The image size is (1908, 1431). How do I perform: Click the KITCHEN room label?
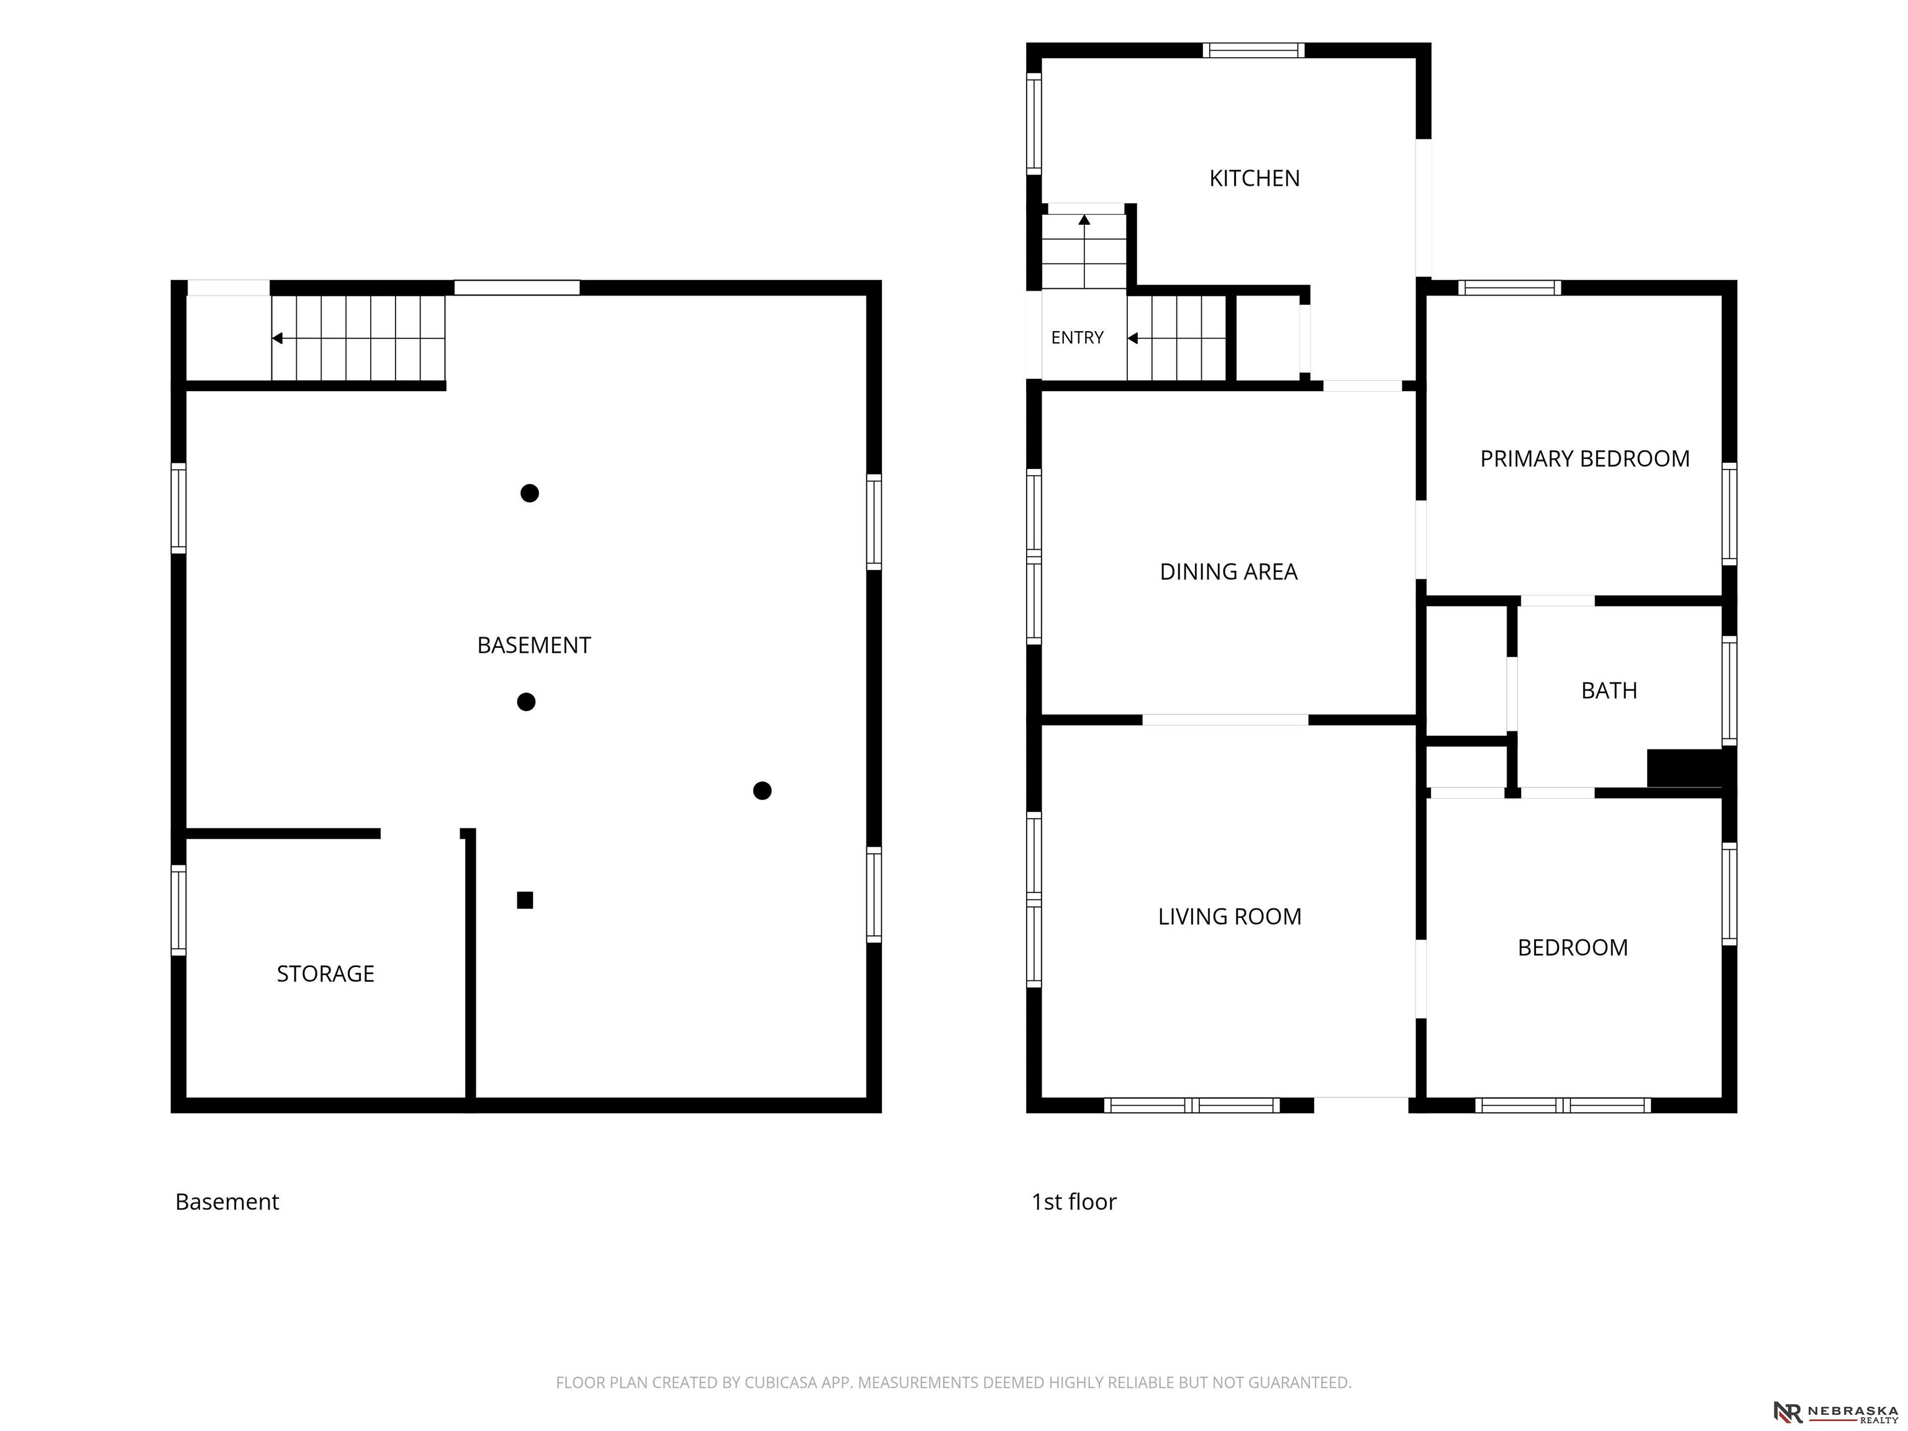pyautogui.click(x=1254, y=178)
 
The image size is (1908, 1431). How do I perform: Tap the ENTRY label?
pyautogui.click(x=1078, y=337)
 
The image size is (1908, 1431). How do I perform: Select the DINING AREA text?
pyautogui.click(x=1229, y=572)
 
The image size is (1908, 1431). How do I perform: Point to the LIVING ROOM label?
pyautogui.click(x=1229, y=917)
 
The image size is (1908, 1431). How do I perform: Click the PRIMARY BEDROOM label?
pyautogui.click(x=1584, y=459)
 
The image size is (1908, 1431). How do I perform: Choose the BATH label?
pyautogui.click(x=1609, y=691)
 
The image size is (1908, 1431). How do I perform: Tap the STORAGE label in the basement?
pyautogui.click(x=325, y=974)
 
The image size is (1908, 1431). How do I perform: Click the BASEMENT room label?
pyautogui.click(x=534, y=645)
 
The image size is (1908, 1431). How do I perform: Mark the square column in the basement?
pyautogui.click(x=524, y=901)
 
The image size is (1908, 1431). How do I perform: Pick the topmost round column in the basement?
pyautogui.click(x=530, y=493)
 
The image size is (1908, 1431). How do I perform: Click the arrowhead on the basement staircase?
pyautogui.click(x=277, y=338)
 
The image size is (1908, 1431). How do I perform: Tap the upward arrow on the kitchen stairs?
pyautogui.click(x=1084, y=220)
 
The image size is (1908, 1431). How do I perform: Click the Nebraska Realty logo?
pyautogui.click(x=1835, y=1412)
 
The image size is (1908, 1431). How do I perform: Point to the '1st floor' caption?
pyautogui.click(x=1074, y=1202)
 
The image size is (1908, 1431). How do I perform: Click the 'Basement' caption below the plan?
pyautogui.click(x=227, y=1202)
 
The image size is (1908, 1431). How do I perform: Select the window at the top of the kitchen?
pyautogui.click(x=1253, y=50)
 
